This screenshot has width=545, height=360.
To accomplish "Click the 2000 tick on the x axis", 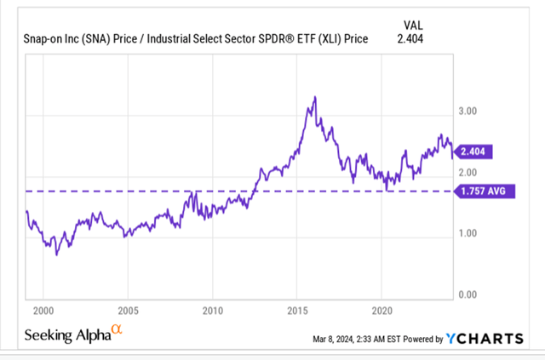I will click(43, 311).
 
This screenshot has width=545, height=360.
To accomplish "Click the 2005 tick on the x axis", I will click(128, 311).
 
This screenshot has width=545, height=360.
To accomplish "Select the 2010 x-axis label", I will click(213, 311).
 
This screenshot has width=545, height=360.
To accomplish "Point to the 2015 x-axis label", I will click(297, 311).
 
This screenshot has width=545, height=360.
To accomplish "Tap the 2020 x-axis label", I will click(382, 311).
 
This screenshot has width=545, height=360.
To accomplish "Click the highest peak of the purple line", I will click(315, 97).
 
